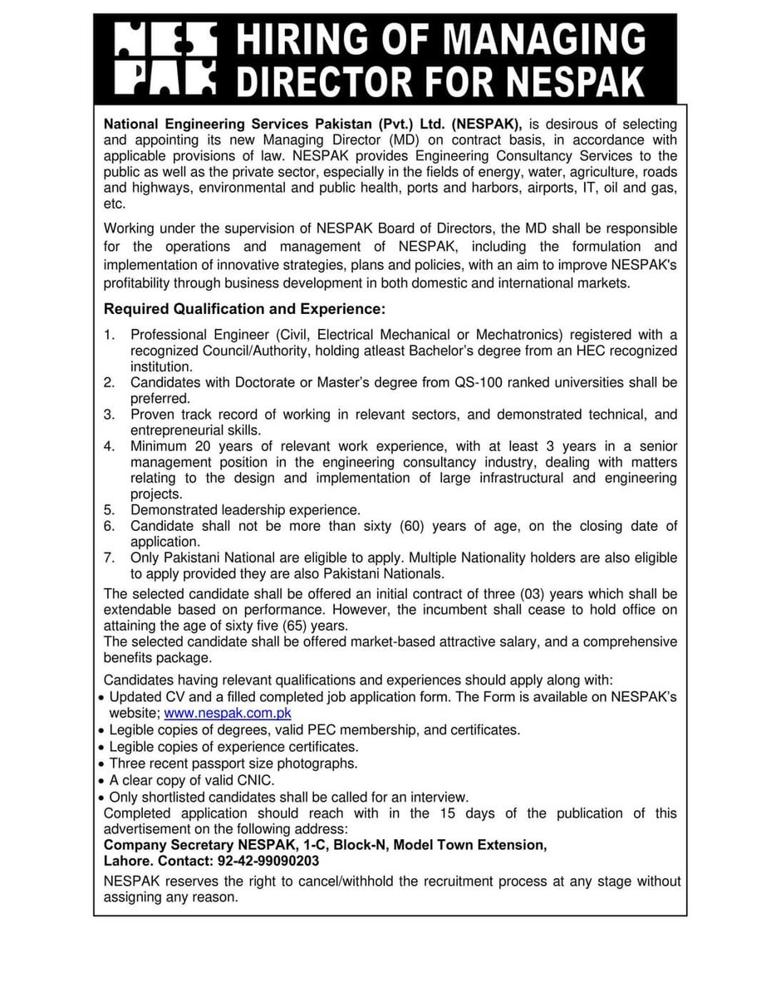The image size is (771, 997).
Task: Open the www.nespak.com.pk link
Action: [228, 714]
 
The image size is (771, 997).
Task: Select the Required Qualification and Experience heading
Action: [244, 310]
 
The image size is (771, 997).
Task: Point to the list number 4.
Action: [109, 445]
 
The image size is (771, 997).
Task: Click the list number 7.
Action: [109, 557]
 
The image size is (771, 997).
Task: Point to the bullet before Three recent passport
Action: [101, 764]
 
